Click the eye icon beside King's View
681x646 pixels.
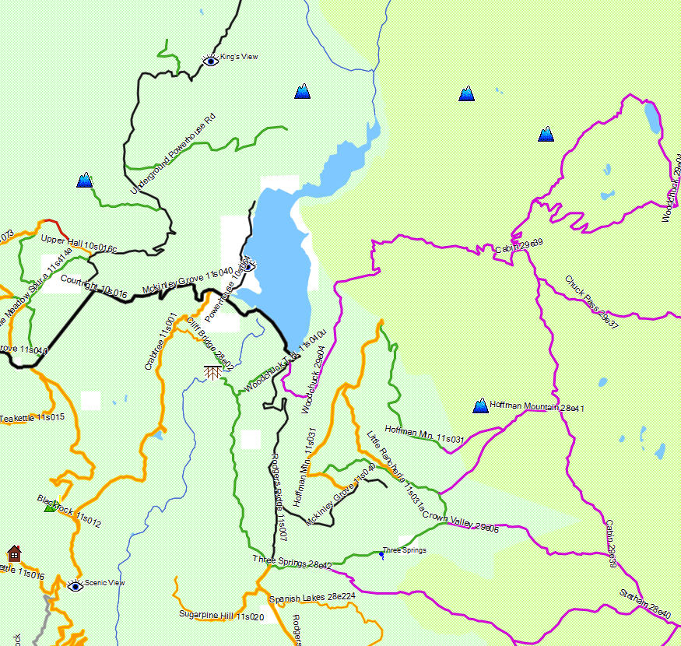(210, 60)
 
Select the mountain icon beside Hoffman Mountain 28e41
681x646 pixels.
(480, 406)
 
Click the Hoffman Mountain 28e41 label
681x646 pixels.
(537, 407)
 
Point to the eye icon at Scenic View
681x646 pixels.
(75, 585)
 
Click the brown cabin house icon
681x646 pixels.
(13, 553)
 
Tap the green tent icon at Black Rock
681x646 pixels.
(50, 507)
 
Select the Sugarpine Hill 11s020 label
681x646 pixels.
(222, 616)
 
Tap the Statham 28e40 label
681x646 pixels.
(645, 605)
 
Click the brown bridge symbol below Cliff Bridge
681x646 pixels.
(212, 371)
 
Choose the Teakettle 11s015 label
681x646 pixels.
(32, 418)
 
